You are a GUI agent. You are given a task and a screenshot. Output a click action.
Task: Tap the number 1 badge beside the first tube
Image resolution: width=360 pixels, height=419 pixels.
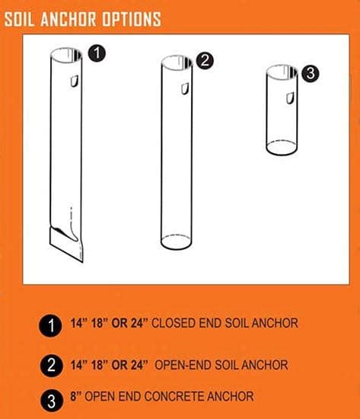click(96, 53)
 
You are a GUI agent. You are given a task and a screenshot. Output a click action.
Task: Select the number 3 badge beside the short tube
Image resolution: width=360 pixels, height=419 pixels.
click(309, 74)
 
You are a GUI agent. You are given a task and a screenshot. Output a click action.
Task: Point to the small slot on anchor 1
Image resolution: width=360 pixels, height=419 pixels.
click(75, 82)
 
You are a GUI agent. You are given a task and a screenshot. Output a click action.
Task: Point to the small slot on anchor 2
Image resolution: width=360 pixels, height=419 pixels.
click(183, 90)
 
